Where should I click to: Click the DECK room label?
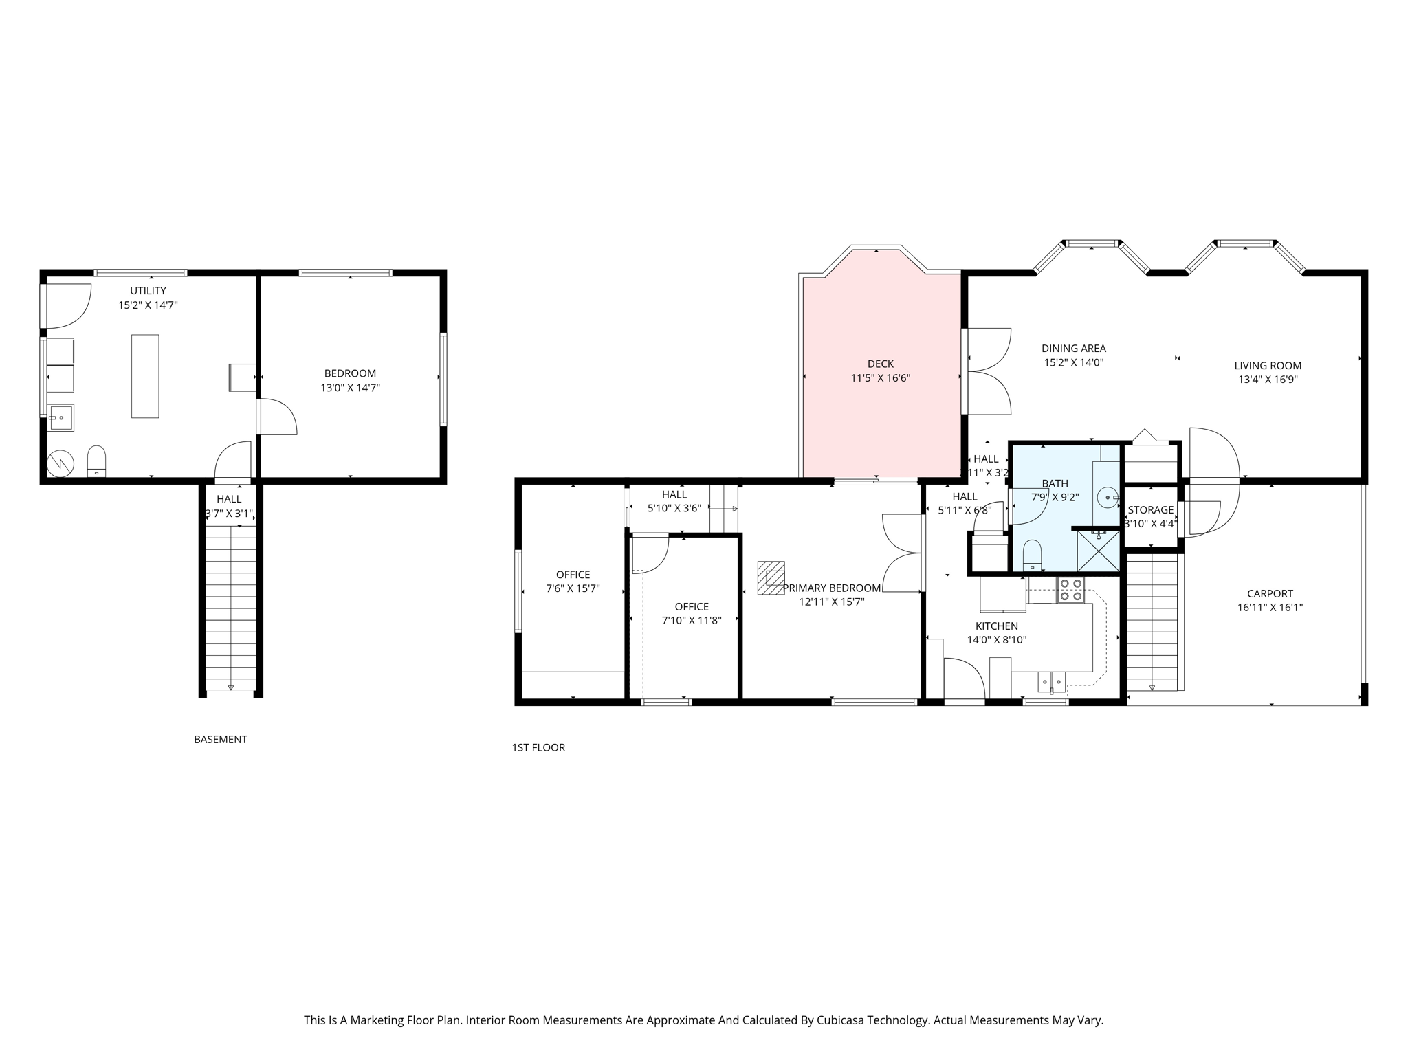880,364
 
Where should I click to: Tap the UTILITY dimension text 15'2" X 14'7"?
148,305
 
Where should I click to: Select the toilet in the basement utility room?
97,461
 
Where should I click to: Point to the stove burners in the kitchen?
1070,591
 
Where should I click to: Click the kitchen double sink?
1052,681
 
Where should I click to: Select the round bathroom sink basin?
1108,497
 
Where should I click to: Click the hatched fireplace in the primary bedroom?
771,577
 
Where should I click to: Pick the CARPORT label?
1270,593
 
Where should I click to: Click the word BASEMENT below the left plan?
220,740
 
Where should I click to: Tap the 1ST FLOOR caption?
538,747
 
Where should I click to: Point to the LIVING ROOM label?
1268,366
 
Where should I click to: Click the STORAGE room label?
1150,510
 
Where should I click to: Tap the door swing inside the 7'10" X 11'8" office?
650,554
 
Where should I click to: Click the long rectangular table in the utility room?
145,376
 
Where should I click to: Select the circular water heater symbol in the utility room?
60,464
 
